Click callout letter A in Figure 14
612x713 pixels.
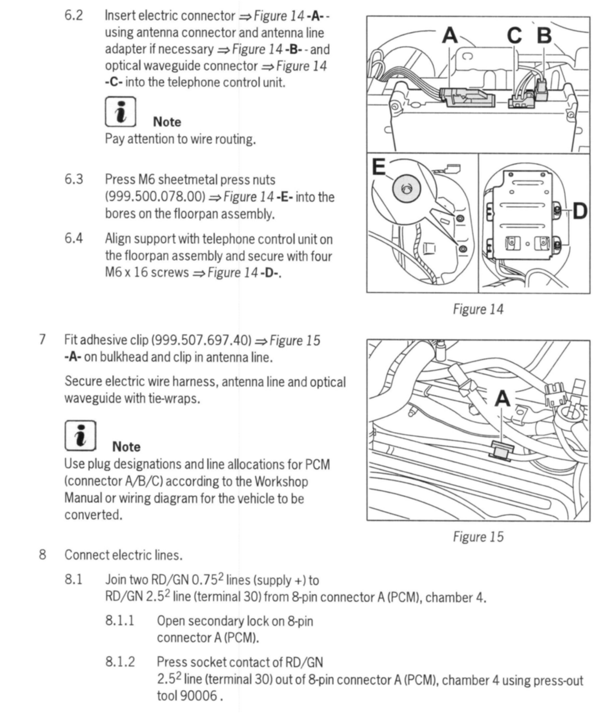pyautogui.click(x=450, y=35)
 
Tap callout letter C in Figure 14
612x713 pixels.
pyautogui.click(x=514, y=35)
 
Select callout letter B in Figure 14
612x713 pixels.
pyautogui.click(x=544, y=35)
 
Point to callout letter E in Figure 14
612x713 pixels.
pyautogui.click(x=379, y=167)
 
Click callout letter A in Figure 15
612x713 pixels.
pyautogui.click(x=502, y=399)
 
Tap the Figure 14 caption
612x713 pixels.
pyautogui.click(x=478, y=309)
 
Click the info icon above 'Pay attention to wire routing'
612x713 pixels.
pyautogui.click(x=120, y=112)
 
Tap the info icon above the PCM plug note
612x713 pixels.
pyautogui.click(x=80, y=436)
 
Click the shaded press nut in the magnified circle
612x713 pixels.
pyautogui.click(x=406, y=189)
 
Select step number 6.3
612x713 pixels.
pyautogui.click(x=74, y=179)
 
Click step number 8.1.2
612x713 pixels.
pyautogui.click(x=120, y=662)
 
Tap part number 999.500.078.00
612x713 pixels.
pyautogui.click(x=155, y=197)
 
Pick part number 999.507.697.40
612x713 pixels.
pyautogui.click(x=201, y=340)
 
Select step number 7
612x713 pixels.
pyautogui.click(x=42, y=340)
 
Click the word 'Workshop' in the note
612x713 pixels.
pyautogui.click(x=281, y=481)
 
